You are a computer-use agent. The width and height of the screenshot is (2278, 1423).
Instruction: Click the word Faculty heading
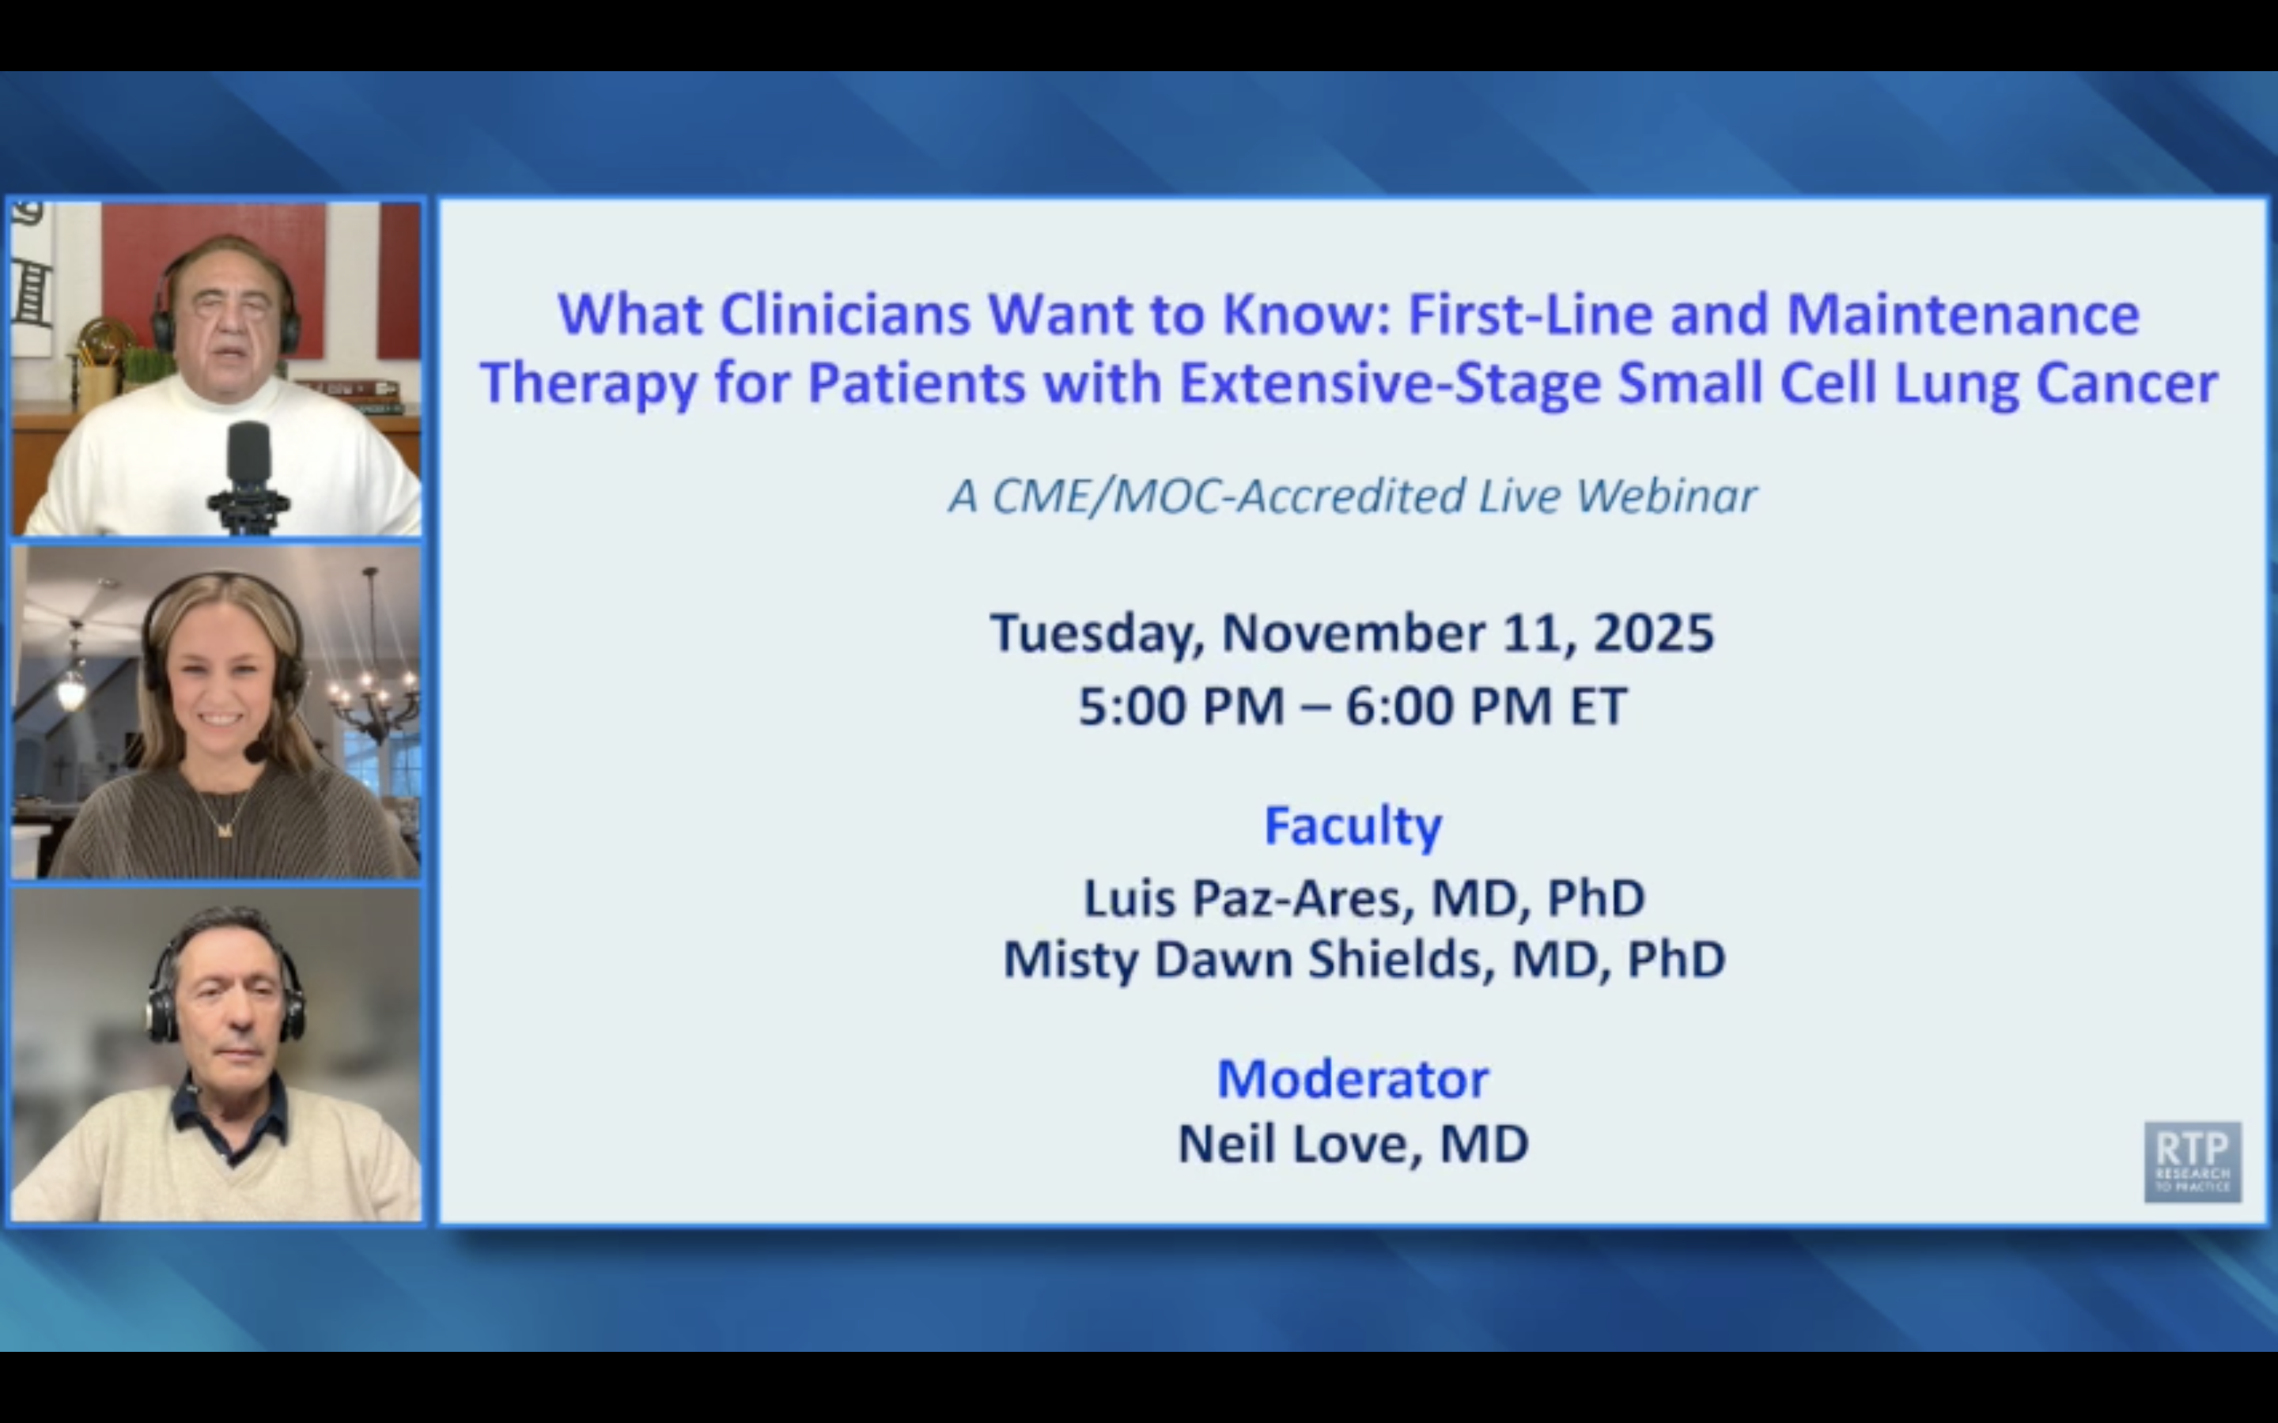tap(1353, 825)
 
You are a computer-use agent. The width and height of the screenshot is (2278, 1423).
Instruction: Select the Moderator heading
tap(1353, 1078)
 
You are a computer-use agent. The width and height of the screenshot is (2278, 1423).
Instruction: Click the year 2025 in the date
tap(1653, 632)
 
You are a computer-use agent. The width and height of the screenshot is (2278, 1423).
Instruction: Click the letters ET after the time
tap(1598, 706)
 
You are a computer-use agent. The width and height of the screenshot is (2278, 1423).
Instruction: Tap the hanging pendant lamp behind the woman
tap(71, 687)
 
